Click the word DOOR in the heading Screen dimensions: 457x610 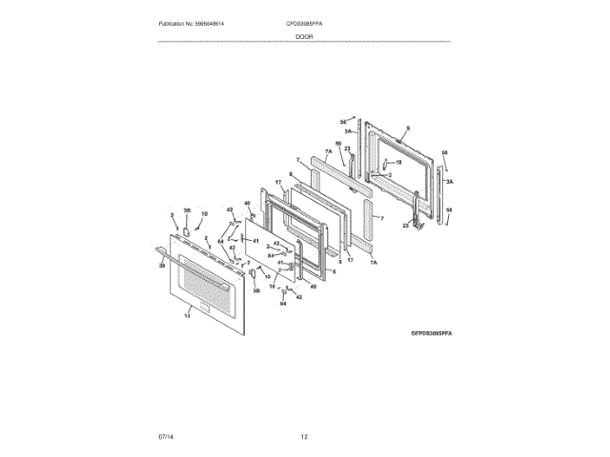(x=304, y=36)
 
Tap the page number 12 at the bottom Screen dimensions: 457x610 (x=304, y=436)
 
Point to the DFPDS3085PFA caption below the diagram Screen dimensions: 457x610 (x=431, y=334)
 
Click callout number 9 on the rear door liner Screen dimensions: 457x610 (x=407, y=128)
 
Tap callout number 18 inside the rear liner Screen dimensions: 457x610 (x=398, y=162)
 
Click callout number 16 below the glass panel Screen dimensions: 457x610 (x=272, y=286)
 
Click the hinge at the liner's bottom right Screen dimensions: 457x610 (x=416, y=220)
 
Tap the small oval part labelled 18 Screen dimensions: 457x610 (x=386, y=164)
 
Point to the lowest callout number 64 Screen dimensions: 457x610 (x=282, y=304)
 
